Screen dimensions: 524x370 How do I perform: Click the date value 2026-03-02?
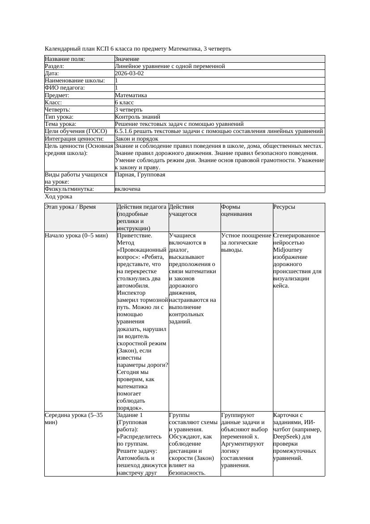coord(129,73)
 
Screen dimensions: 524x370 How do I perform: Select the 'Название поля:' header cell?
coord(65,59)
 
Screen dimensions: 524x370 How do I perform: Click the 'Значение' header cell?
coord(127,59)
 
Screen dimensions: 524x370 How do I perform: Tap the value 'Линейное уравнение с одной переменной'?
coord(170,66)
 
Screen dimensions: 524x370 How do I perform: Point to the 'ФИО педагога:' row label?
coord(65,88)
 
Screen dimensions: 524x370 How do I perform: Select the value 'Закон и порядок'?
coord(136,139)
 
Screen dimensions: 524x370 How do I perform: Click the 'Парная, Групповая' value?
coord(140,175)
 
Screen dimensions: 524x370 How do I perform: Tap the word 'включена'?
coord(128,189)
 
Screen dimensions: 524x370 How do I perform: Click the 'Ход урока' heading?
coord(59,197)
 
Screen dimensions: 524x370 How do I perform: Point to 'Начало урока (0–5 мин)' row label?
coord(77,236)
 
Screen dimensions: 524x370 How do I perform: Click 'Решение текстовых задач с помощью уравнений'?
coord(179,124)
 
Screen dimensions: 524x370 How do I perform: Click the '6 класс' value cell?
coord(124,102)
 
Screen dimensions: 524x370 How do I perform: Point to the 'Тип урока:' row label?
coord(59,116)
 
